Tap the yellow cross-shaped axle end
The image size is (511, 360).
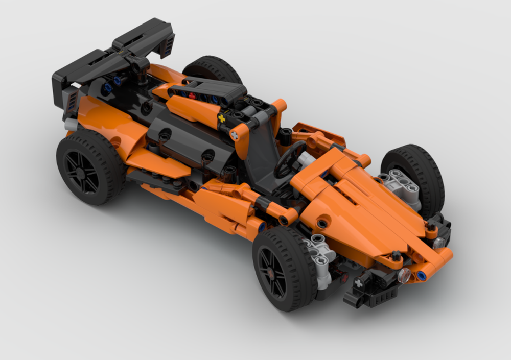click(222, 118)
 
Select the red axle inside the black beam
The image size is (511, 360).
click(192, 95)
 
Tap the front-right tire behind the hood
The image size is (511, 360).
click(419, 169)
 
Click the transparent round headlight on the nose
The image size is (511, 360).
click(404, 277)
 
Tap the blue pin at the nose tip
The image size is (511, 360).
click(422, 276)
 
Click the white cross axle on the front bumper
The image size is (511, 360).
click(359, 282)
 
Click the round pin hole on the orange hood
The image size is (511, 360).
click(322, 223)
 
